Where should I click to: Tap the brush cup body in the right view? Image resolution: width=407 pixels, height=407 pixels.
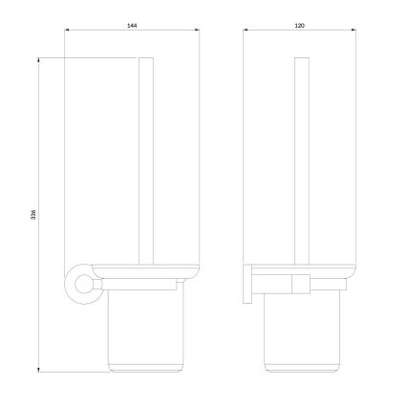pyautogui.click(x=301, y=330)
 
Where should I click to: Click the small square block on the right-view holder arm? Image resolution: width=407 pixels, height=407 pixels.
pyautogui.click(x=301, y=284)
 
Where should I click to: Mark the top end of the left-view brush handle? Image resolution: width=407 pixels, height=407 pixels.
pyautogui.click(x=147, y=61)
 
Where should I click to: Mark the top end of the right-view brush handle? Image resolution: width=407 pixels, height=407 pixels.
pyautogui.click(x=301, y=61)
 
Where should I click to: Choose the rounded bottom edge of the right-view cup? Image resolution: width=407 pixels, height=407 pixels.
pyautogui.click(x=301, y=368)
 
